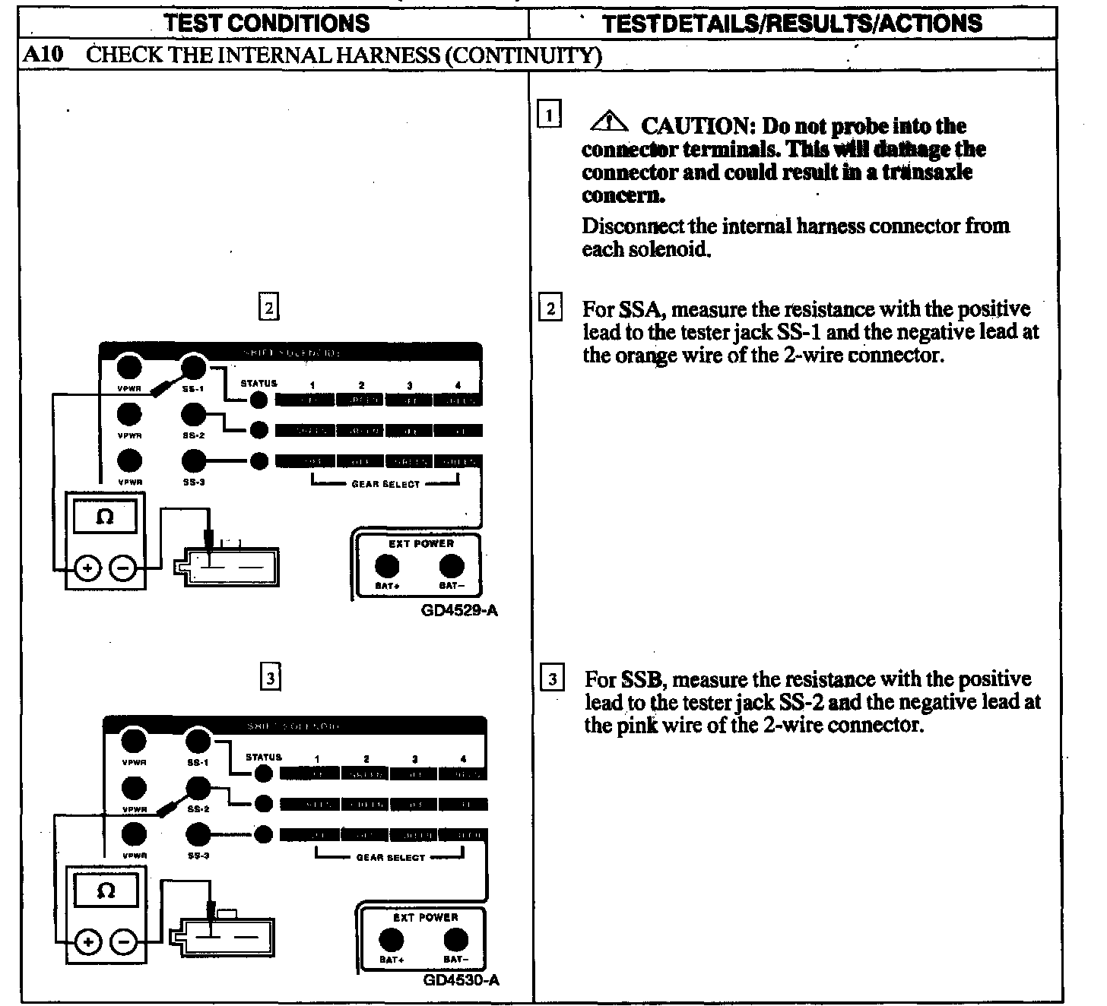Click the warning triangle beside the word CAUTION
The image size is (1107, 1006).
click(610, 122)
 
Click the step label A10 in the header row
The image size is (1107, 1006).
click(43, 55)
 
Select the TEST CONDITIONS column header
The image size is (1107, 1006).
click(267, 23)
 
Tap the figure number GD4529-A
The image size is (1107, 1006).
click(459, 610)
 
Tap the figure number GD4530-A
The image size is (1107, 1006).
click(462, 979)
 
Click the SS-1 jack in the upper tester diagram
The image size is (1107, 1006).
click(195, 368)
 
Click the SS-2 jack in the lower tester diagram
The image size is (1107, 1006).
click(198, 787)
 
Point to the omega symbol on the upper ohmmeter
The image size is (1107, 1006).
click(105, 517)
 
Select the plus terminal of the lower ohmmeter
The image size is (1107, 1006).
click(89, 943)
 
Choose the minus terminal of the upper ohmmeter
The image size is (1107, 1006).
click(124, 568)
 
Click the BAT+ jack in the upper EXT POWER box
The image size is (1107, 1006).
click(386, 566)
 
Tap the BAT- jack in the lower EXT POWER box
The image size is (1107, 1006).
click(455, 940)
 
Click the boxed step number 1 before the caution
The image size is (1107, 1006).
click(549, 115)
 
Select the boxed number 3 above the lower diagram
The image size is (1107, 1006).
click(270, 676)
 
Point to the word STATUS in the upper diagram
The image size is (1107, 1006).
click(259, 384)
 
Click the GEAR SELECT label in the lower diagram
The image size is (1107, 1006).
click(390, 858)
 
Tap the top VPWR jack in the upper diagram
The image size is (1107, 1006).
click(130, 368)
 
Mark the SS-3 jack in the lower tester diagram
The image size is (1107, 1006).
click(198, 834)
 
